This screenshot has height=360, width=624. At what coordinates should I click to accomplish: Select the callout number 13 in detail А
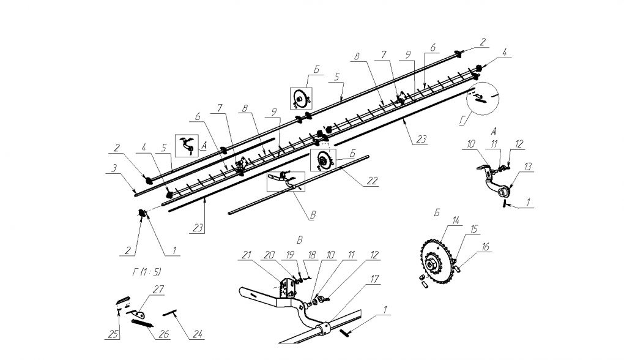point(527,167)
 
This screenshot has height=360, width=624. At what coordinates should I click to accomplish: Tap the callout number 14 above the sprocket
point(456,220)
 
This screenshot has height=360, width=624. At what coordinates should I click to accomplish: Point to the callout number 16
point(485,247)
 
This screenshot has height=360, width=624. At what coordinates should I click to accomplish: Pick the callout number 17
point(374,280)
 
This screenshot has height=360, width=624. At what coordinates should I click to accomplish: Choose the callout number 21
point(247,255)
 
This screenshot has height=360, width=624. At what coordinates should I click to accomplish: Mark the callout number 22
point(372,181)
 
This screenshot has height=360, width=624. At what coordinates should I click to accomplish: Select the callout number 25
point(113,334)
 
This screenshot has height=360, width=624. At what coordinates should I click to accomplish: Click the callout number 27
point(158,289)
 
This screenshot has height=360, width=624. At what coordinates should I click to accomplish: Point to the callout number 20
point(269,255)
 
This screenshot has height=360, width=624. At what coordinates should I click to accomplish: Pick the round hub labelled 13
point(503,193)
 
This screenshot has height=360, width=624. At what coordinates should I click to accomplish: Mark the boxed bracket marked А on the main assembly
point(187,146)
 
